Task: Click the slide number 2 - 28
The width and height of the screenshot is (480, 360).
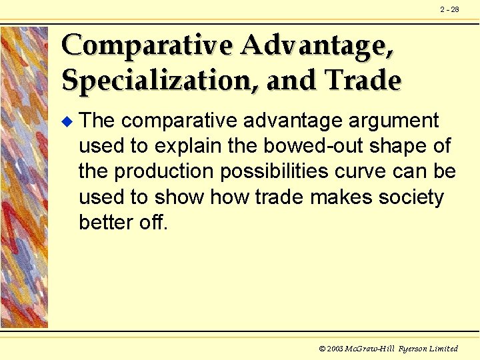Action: pos(449,9)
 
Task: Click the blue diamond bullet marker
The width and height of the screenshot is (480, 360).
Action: pos(65,121)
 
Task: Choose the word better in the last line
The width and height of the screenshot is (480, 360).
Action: pos(103,223)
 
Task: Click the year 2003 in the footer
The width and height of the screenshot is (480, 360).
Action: pos(336,349)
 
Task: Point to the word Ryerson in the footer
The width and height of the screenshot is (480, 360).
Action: pos(415,349)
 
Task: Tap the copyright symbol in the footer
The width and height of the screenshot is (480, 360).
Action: pos(322,349)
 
